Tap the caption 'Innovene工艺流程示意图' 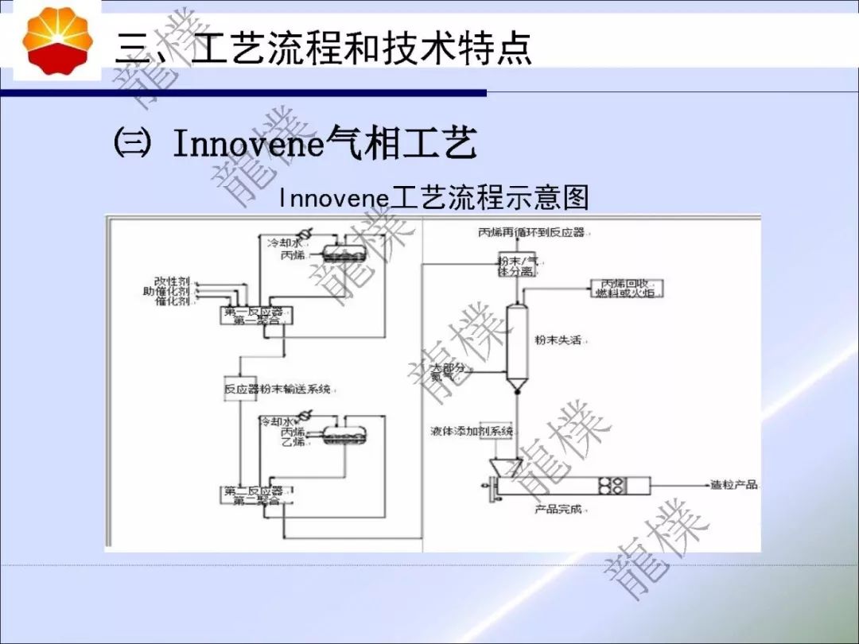tap(434, 198)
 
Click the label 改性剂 tap(172, 281)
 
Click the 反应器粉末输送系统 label tap(279, 390)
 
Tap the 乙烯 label tap(293, 441)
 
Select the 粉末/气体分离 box tap(519, 266)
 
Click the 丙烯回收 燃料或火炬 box tap(628, 288)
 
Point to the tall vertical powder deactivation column tap(518, 347)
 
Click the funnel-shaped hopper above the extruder tap(501, 467)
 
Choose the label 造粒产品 tap(734, 484)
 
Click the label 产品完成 tap(558, 509)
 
